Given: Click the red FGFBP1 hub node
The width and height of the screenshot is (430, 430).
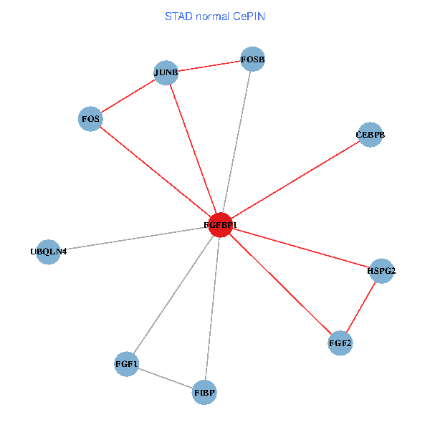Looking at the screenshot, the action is [220, 225].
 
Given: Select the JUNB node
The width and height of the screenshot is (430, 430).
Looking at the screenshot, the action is [166, 72].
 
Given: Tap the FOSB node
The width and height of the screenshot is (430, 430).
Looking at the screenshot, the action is [253, 59].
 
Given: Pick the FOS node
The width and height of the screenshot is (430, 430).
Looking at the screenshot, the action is [90, 118].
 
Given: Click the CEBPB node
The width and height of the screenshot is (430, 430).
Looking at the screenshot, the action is [370, 135].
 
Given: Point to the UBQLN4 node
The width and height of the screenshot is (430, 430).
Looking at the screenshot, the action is [48, 252].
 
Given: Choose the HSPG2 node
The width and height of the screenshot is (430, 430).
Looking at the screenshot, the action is [381, 271].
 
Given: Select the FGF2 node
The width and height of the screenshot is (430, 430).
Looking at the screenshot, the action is [340, 344].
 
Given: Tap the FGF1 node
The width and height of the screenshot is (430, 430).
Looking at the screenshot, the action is [126, 364].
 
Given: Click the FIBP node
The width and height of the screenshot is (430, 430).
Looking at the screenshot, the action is [204, 393].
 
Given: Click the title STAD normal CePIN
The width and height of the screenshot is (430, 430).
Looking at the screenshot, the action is [215, 16].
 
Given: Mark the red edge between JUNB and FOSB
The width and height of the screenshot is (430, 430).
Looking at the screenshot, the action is [209, 66].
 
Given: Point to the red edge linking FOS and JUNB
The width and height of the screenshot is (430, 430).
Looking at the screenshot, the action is [128, 95].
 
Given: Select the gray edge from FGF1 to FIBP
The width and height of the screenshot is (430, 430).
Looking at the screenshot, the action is [165, 378].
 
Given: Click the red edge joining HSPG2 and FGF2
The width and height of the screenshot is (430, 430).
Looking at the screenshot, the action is [360, 307].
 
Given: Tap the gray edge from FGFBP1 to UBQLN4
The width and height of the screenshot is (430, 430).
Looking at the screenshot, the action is [134, 239].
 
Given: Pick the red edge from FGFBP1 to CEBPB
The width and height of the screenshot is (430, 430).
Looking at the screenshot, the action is [295, 180].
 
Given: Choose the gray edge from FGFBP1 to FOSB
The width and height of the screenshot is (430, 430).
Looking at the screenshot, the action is [236, 142].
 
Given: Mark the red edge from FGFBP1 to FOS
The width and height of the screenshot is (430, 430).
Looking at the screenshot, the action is [155, 171].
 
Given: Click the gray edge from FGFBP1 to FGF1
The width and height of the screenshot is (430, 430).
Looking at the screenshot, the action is [173, 295].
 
